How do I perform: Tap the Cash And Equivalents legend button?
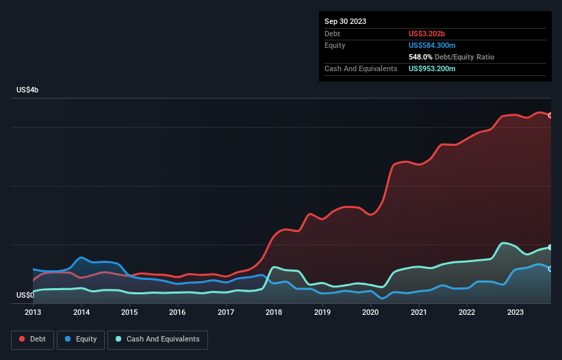[157, 339]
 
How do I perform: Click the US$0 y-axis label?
[26, 296]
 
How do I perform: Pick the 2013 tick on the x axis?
[33, 313]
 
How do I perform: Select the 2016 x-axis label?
[177, 313]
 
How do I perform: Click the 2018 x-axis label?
[274, 313]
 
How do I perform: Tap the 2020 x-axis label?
[370, 313]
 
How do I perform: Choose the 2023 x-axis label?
[515, 313]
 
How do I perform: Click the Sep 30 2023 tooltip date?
[345, 21]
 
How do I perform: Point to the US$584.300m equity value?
[437, 45]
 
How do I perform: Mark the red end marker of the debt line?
[550, 116]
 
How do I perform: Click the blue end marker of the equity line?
[550, 269]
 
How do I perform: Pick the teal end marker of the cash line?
[550, 247]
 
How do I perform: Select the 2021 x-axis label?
[418, 313]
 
